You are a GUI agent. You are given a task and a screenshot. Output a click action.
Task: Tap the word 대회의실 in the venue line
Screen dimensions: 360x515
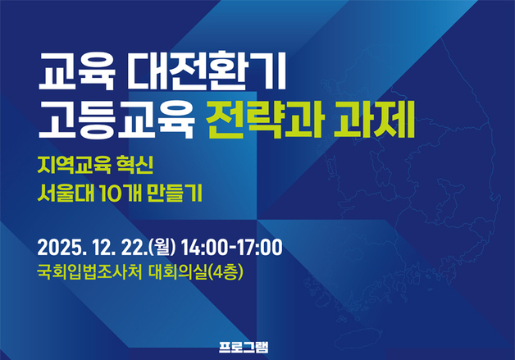(x=180, y=271)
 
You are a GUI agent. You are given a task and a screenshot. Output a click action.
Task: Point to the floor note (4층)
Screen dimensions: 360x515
(x=229, y=271)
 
